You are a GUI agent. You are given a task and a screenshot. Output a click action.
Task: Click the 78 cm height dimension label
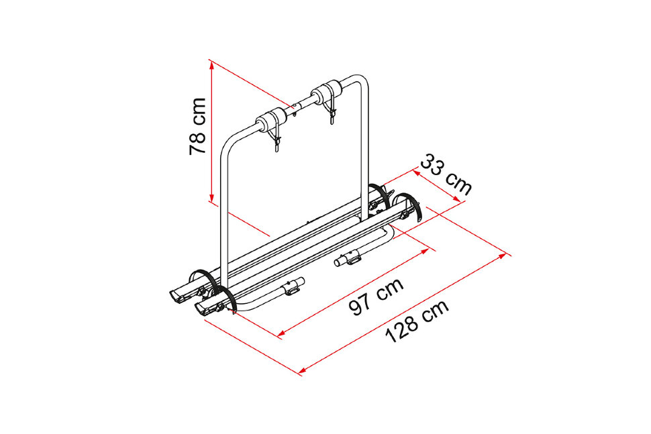[197, 126]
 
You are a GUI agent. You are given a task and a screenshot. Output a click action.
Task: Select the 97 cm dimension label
[376, 297]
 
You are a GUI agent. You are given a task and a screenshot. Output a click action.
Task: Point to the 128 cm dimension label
[417, 321]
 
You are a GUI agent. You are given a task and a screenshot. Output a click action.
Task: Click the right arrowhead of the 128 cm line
[502, 256]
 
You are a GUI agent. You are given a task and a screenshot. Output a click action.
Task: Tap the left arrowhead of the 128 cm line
[303, 369]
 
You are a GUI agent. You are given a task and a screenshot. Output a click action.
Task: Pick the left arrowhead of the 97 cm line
[282, 332]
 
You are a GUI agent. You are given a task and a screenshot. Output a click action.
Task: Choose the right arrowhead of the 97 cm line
[423, 251]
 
